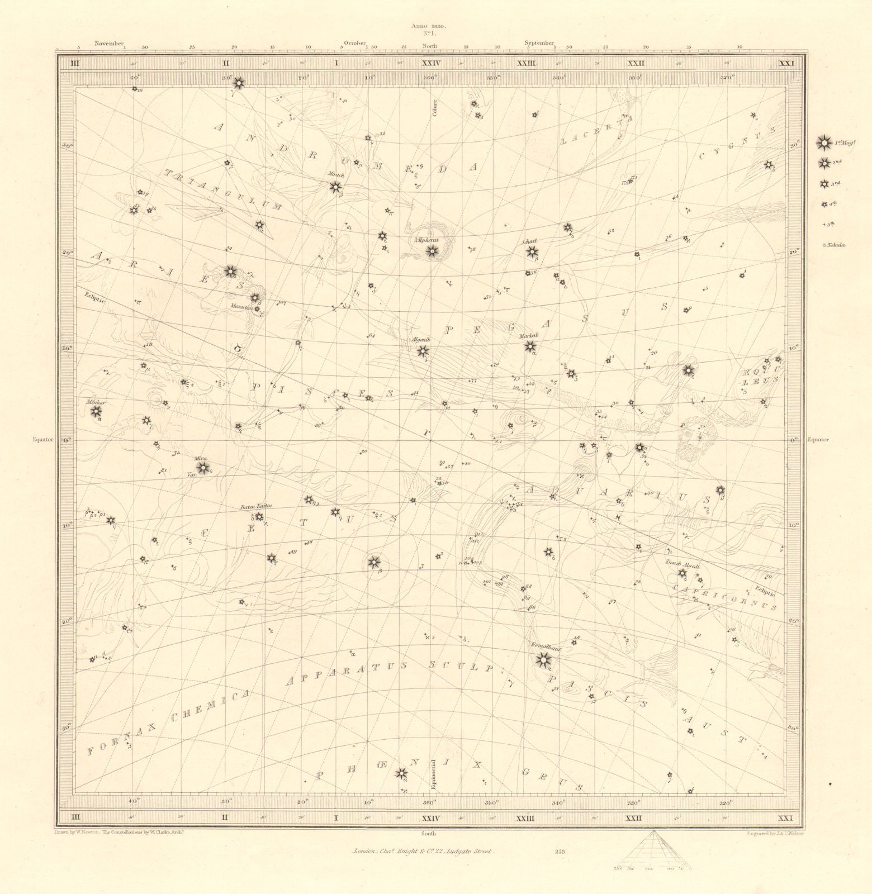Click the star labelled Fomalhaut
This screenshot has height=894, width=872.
tap(542, 660)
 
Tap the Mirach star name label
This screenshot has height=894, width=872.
tap(336, 175)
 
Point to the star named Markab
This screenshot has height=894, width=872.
tap(529, 346)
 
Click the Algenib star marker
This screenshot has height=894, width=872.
tap(423, 351)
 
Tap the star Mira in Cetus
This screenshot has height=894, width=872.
tap(202, 467)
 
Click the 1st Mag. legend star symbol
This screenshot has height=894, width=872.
tap(823, 144)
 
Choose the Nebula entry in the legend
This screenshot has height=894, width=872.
tap(836, 245)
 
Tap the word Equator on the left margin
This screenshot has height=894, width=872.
tap(42, 439)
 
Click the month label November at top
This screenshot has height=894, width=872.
tap(108, 43)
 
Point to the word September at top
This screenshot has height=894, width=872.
tap(539, 43)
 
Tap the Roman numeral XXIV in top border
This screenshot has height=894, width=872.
tap(431, 63)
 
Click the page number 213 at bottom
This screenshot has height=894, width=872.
tap(560, 852)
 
